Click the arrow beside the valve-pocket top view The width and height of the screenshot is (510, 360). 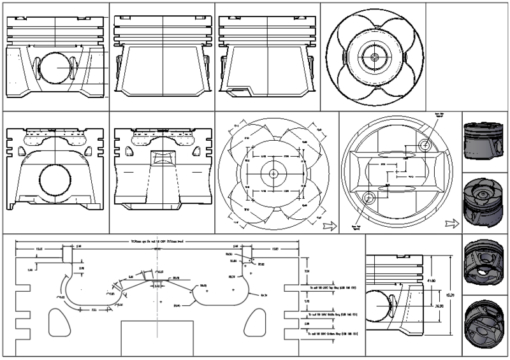tap(330, 225)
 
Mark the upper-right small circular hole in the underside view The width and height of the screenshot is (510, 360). tap(424, 145)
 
